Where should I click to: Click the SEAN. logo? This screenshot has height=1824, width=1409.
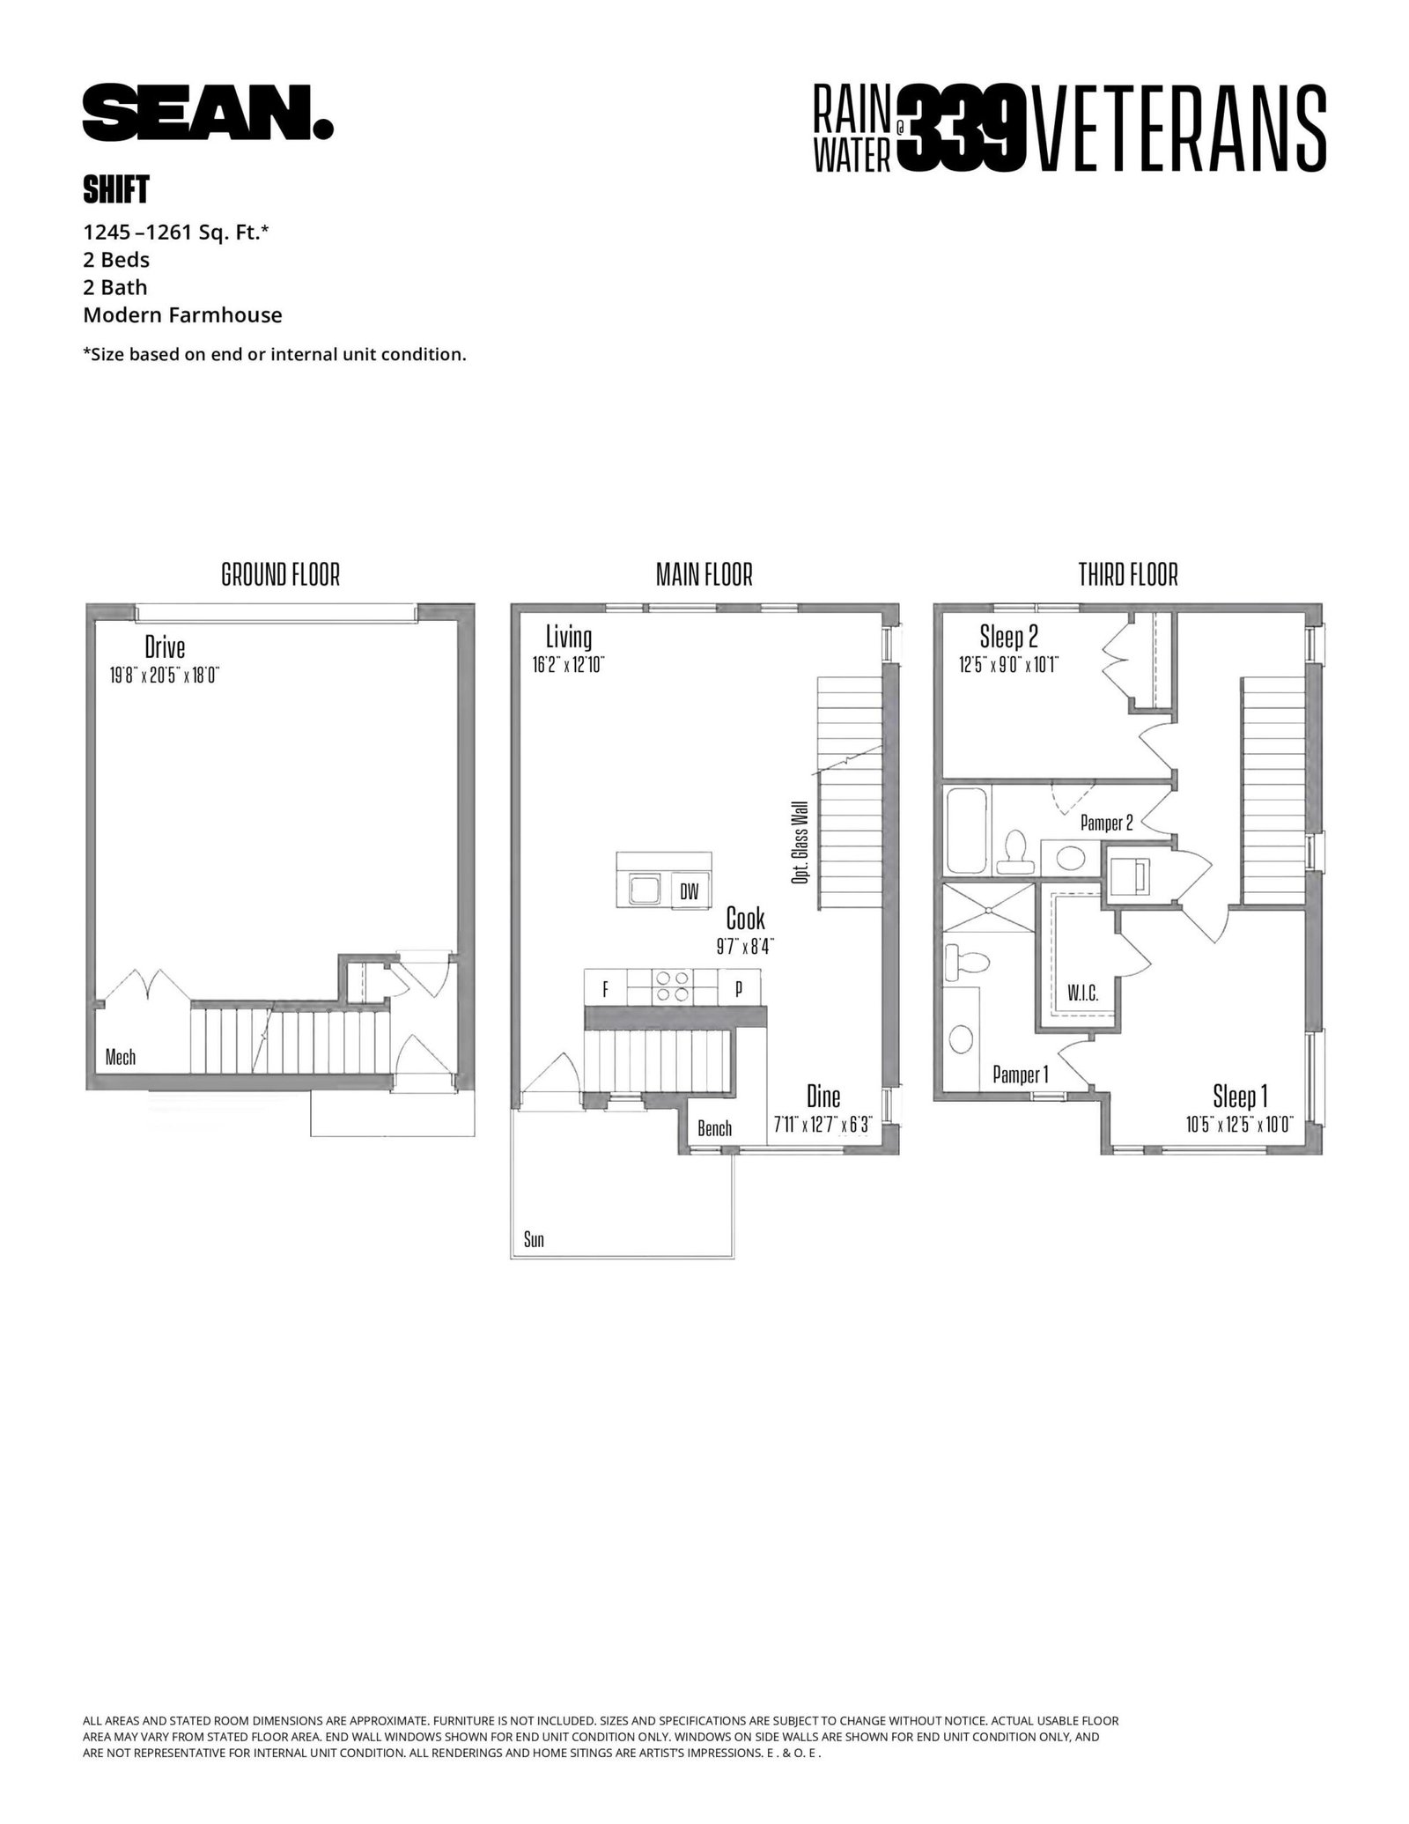(x=208, y=112)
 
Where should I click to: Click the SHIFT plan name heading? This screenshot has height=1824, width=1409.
(x=116, y=188)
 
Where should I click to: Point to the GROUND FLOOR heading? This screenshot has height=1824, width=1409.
(x=280, y=575)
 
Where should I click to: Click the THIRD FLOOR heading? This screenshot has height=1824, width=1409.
(x=1128, y=575)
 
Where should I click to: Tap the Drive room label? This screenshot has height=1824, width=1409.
(x=165, y=647)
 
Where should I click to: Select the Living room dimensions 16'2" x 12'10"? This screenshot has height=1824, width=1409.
(x=568, y=664)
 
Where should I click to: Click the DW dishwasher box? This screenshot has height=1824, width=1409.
(x=690, y=891)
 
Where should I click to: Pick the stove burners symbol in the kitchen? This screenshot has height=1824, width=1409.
(x=672, y=985)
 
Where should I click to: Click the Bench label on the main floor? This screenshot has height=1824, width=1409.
(x=714, y=1128)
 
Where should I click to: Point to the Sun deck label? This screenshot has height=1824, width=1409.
(x=534, y=1240)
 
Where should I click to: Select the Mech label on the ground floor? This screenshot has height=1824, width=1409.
(x=121, y=1056)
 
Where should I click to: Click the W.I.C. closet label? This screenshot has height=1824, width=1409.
(x=1082, y=993)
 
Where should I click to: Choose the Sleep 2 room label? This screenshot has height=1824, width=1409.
(x=1007, y=636)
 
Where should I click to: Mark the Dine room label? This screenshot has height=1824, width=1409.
(x=823, y=1097)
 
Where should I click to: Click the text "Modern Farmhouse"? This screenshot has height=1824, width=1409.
(x=182, y=315)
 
